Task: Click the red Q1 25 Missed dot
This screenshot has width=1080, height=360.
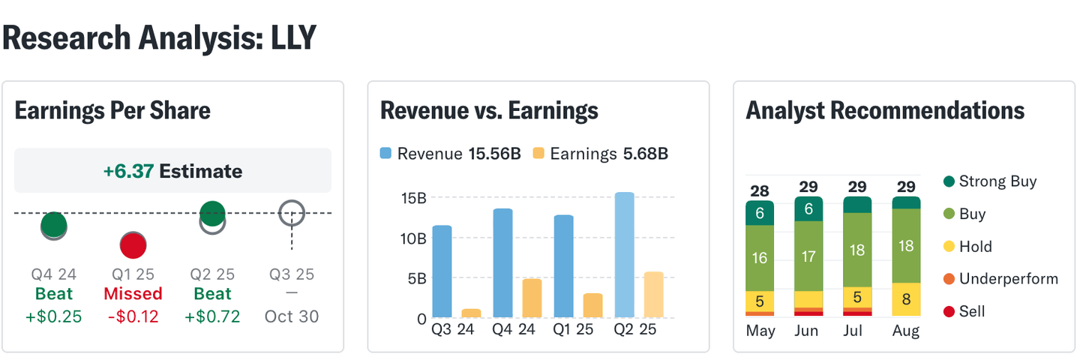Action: point(133,245)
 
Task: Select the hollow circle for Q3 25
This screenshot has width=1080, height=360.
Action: point(292,214)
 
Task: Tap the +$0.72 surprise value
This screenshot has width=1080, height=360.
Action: point(212,316)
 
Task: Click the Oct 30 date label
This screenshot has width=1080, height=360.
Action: point(292,316)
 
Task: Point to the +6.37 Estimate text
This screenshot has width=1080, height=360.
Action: point(172,171)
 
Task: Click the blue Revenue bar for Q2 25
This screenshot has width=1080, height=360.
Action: point(623,254)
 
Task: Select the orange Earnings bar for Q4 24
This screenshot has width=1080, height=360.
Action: point(532,298)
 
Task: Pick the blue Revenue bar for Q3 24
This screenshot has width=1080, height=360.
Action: point(442,271)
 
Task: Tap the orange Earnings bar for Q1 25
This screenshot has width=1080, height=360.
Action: point(592,305)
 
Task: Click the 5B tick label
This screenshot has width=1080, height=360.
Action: point(416,278)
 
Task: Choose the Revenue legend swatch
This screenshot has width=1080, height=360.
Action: point(385,154)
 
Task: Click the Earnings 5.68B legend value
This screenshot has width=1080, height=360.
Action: point(645,154)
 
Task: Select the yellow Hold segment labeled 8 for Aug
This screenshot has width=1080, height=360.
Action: point(906,299)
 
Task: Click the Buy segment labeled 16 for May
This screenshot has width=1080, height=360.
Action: point(760,258)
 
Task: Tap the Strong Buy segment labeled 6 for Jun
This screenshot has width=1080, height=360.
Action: point(808,209)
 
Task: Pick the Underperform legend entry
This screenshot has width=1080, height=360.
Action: point(1000,279)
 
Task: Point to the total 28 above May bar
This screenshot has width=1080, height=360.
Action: point(760,190)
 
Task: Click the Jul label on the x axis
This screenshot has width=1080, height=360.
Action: point(857,331)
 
